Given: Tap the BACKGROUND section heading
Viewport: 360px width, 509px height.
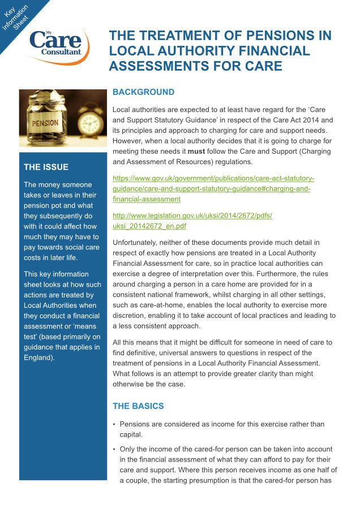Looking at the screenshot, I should click(x=143, y=92).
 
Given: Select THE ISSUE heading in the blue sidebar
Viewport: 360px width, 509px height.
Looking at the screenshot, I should click(x=46, y=167).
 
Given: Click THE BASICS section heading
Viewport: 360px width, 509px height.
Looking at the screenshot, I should click(x=138, y=406).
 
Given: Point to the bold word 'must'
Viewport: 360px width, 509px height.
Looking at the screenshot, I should click(x=196, y=152).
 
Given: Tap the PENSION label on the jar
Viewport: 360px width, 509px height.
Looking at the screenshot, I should click(x=44, y=123).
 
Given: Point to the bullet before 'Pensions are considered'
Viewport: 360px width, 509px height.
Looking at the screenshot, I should click(x=114, y=424).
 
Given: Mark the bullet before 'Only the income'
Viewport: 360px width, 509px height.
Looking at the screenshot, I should click(x=114, y=449).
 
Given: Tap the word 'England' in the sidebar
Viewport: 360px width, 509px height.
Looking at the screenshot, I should click(x=38, y=357).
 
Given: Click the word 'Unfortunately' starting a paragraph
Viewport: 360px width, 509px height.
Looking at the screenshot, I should click(x=136, y=242).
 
